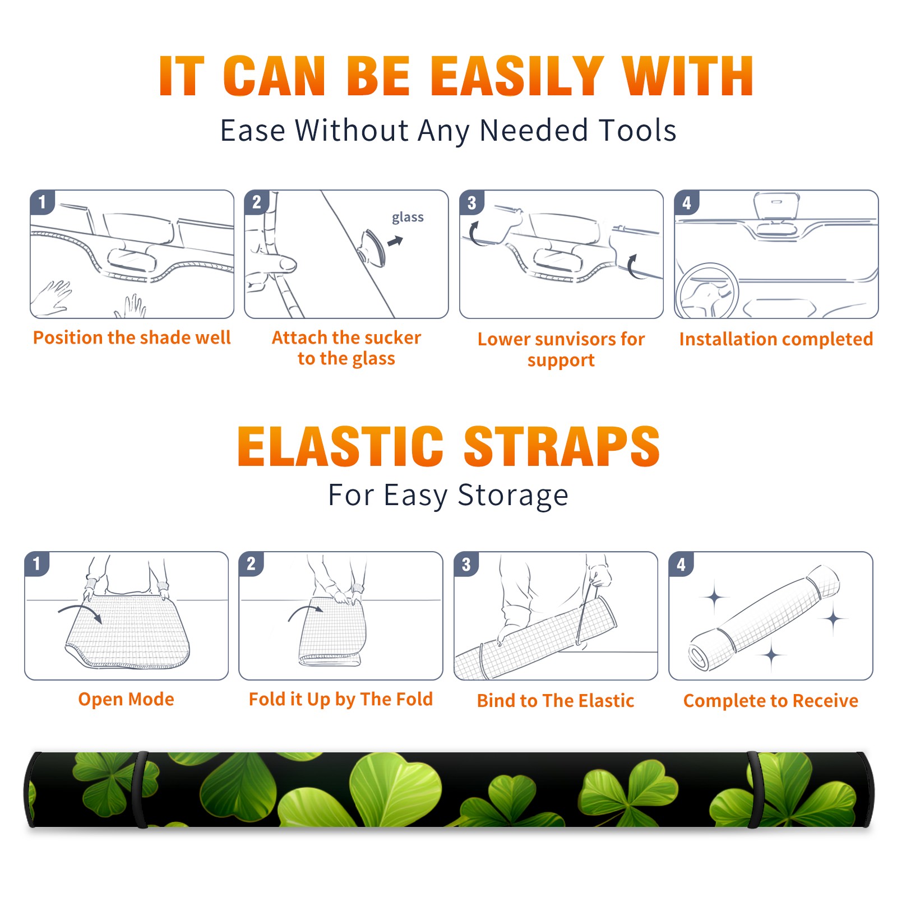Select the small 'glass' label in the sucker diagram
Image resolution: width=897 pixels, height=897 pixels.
pyautogui.click(x=408, y=218)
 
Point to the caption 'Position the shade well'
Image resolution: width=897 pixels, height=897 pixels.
pyautogui.click(x=132, y=337)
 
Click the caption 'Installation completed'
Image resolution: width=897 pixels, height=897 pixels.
pyautogui.click(x=776, y=339)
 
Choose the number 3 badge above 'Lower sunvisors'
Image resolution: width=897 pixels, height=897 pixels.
pyautogui.click(x=471, y=202)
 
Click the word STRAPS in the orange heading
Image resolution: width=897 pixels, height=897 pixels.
pyautogui.click(x=562, y=446)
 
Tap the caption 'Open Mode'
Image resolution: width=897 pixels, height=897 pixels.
pyautogui.click(x=126, y=699)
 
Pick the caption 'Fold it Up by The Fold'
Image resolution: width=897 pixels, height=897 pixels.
pyautogui.click(x=341, y=700)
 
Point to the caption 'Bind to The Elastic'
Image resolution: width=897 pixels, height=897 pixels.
pyautogui.click(x=556, y=701)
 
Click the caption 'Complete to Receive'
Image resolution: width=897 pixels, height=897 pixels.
pyautogui.click(x=771, y=701)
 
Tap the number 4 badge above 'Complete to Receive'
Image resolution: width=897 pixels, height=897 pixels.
pyautogui.click(x=681, y=564)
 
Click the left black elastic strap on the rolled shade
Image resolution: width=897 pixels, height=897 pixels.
pyautogui.click(x=140, y=789)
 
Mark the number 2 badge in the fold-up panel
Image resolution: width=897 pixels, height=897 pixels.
pyautogui.click(x=251, y=564)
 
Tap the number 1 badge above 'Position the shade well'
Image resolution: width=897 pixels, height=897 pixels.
pyautogui.click(x=42, y=202)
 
